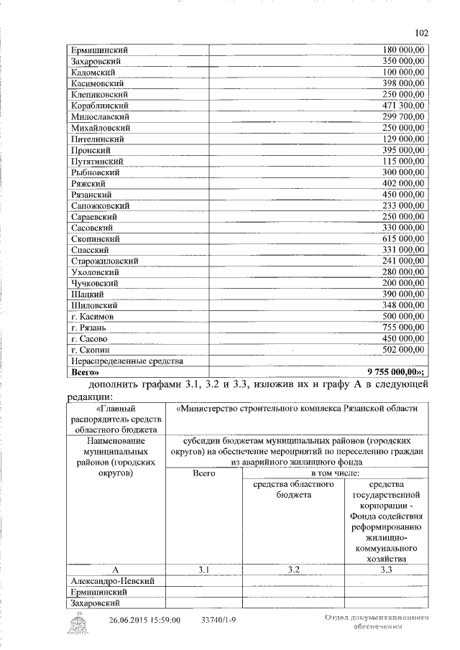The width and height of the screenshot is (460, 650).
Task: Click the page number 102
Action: point(422,32)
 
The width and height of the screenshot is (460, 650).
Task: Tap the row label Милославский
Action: point(100,116)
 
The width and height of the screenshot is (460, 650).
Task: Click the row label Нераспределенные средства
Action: point(126,361)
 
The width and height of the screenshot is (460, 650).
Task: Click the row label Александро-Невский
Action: point(114,580)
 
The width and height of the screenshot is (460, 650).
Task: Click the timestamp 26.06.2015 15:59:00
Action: point(144,621)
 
